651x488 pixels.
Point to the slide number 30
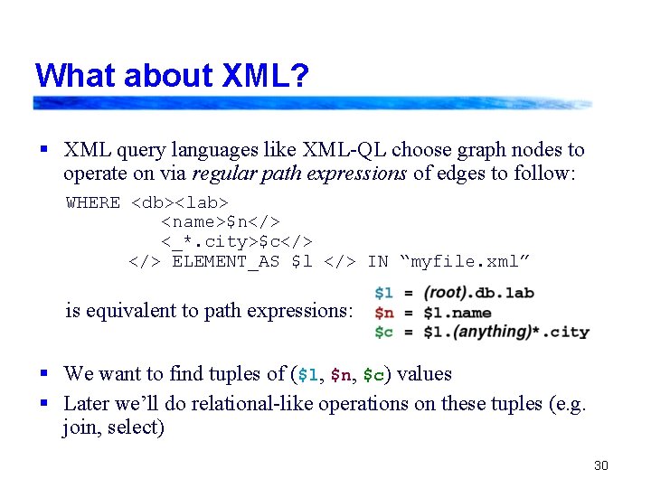[601, 465]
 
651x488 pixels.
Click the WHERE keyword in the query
[93, 202]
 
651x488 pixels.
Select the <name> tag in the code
[193, 222]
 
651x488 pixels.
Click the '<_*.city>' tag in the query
[209, 242]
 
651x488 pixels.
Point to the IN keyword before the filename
[377, 262]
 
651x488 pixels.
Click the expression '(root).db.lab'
[479, 292]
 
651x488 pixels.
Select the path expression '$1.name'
[458, 312]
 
